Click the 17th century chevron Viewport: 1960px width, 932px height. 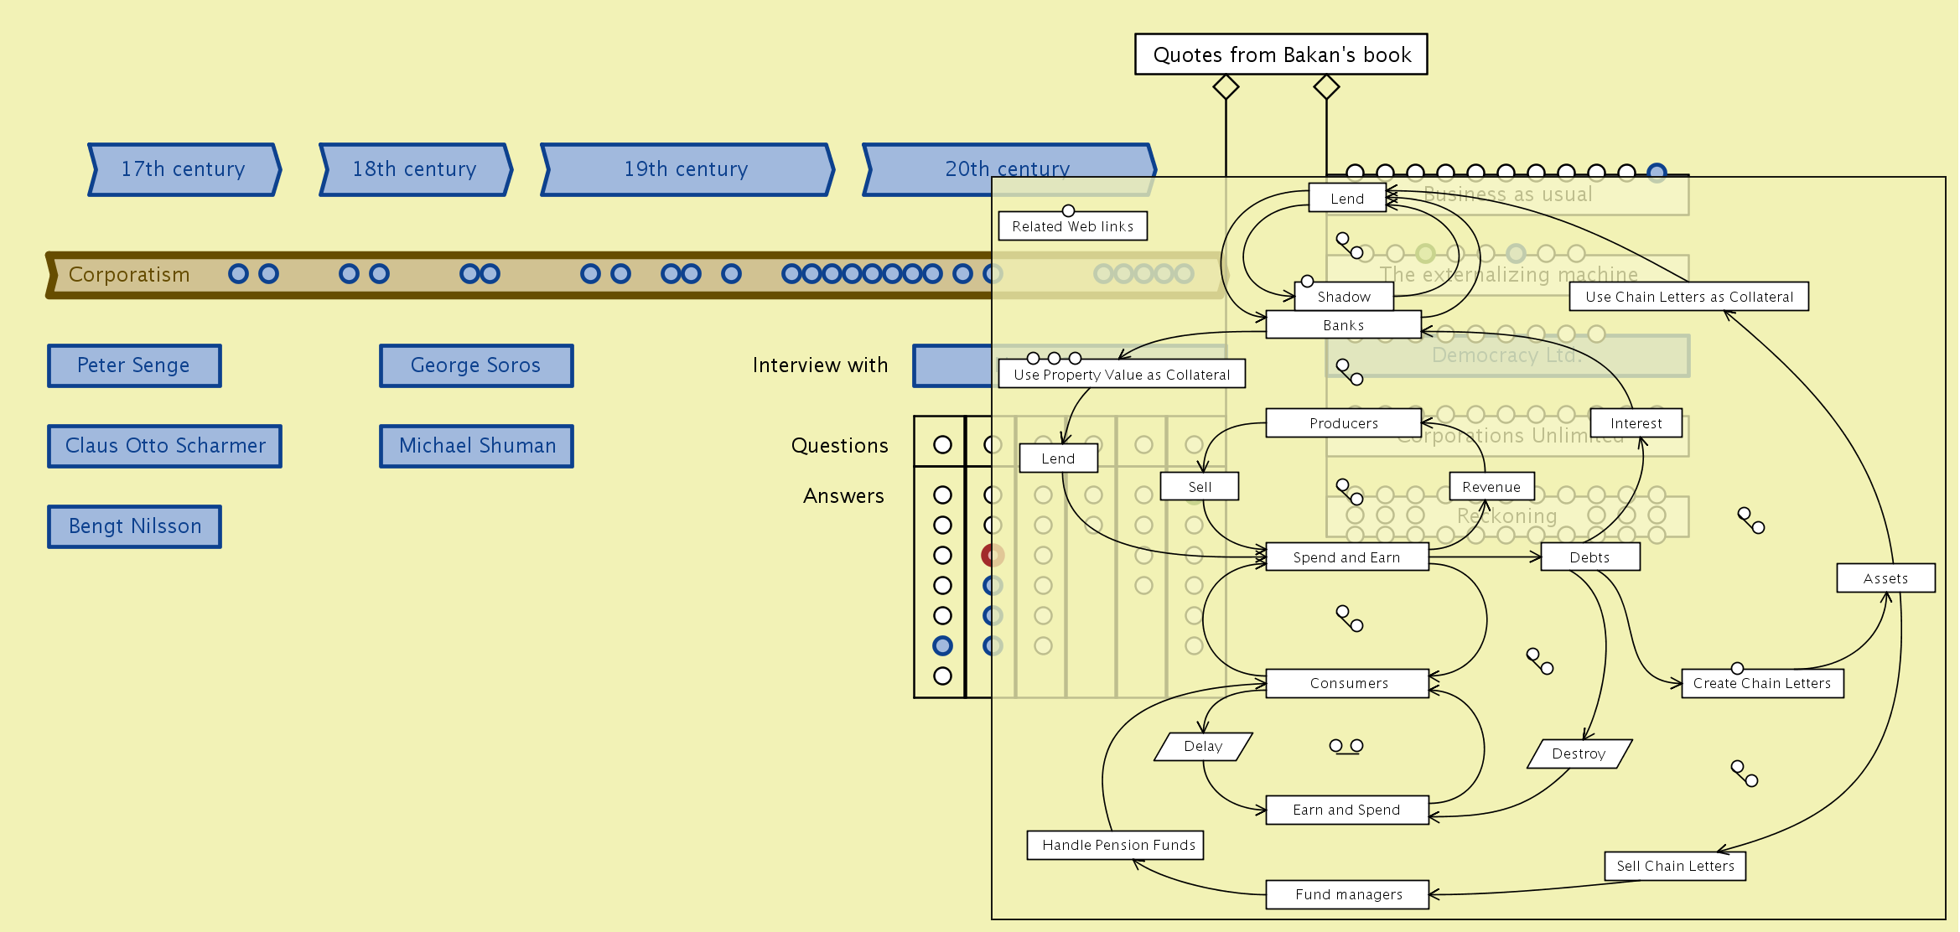click(x=184, y=169)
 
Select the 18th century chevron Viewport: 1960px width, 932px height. click(x=415, y=169)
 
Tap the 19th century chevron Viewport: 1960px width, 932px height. click(x=687, y=169)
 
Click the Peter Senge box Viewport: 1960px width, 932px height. click(x=134, y=365)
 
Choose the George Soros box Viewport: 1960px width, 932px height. click(x=475, y=365)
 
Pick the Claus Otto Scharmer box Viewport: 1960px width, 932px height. click(x=165, y=446)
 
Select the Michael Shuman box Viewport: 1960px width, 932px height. click(x=476, y=446)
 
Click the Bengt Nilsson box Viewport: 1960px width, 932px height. click(x=134, y=526)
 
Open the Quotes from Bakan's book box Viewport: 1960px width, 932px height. click(x=1281, y=54)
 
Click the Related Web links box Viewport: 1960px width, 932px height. click(x=1072, y=226)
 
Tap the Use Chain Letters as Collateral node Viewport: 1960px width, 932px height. click(x=1688, y=297)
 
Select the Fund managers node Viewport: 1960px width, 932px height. click(x=1347, y=894)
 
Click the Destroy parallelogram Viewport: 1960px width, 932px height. click(x=1579, y=753)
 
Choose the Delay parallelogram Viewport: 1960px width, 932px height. click(x=1203, y=746)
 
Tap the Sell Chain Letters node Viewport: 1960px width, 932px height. click(x=1675, y=866)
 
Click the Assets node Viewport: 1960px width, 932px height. click(x=1885, y=578)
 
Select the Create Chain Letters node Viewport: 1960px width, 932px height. click(x=1761, y=683)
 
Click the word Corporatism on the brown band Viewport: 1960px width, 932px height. click(x=129, y=275)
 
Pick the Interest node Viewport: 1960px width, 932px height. click(x=1636, y=423)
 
